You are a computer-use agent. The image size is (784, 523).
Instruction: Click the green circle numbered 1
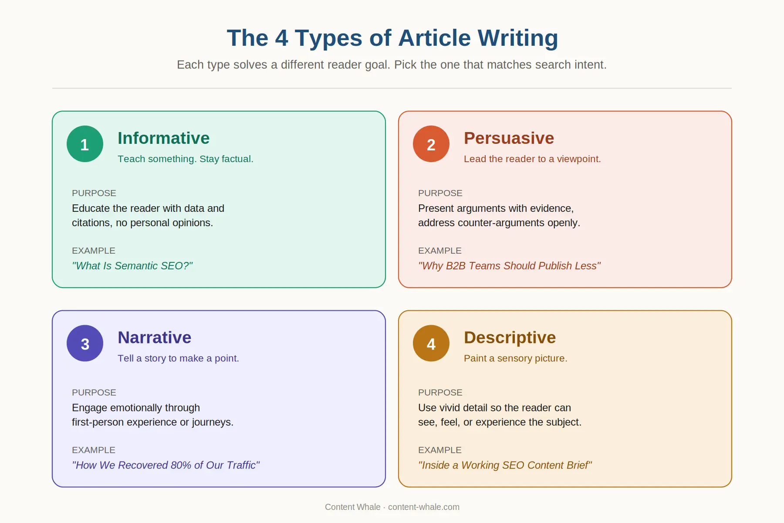[85, 144]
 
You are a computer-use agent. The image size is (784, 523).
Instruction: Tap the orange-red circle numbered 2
[431, 144]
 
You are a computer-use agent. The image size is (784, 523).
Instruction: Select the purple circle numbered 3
[85, 343]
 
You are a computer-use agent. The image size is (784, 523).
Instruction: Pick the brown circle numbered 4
[431, 343]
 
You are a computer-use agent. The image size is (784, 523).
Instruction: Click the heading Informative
[163, 138]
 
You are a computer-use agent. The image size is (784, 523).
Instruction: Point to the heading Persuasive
[509, 138]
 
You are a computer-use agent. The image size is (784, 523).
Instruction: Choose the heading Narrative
[154, 338]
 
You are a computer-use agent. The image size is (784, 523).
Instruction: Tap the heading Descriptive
[510, 338]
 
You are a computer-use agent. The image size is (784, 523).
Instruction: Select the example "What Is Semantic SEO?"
[132, 266]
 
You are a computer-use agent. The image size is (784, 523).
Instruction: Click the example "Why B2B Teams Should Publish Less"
[509, 266]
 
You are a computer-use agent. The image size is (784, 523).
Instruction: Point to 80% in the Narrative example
[181, 465]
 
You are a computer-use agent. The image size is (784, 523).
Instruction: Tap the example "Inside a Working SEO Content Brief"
[505, 465]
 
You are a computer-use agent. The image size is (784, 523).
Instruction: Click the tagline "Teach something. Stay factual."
[185, 159]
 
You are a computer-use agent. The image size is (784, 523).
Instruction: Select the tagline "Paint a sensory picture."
[515, 358]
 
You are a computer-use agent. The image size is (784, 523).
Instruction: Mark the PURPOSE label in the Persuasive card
[440, 193]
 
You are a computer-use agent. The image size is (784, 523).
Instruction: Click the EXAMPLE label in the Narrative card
[94, 450]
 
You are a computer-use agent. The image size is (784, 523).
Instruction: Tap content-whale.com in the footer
[423, 507]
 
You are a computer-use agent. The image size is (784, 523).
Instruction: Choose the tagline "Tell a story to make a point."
[178, 358]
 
